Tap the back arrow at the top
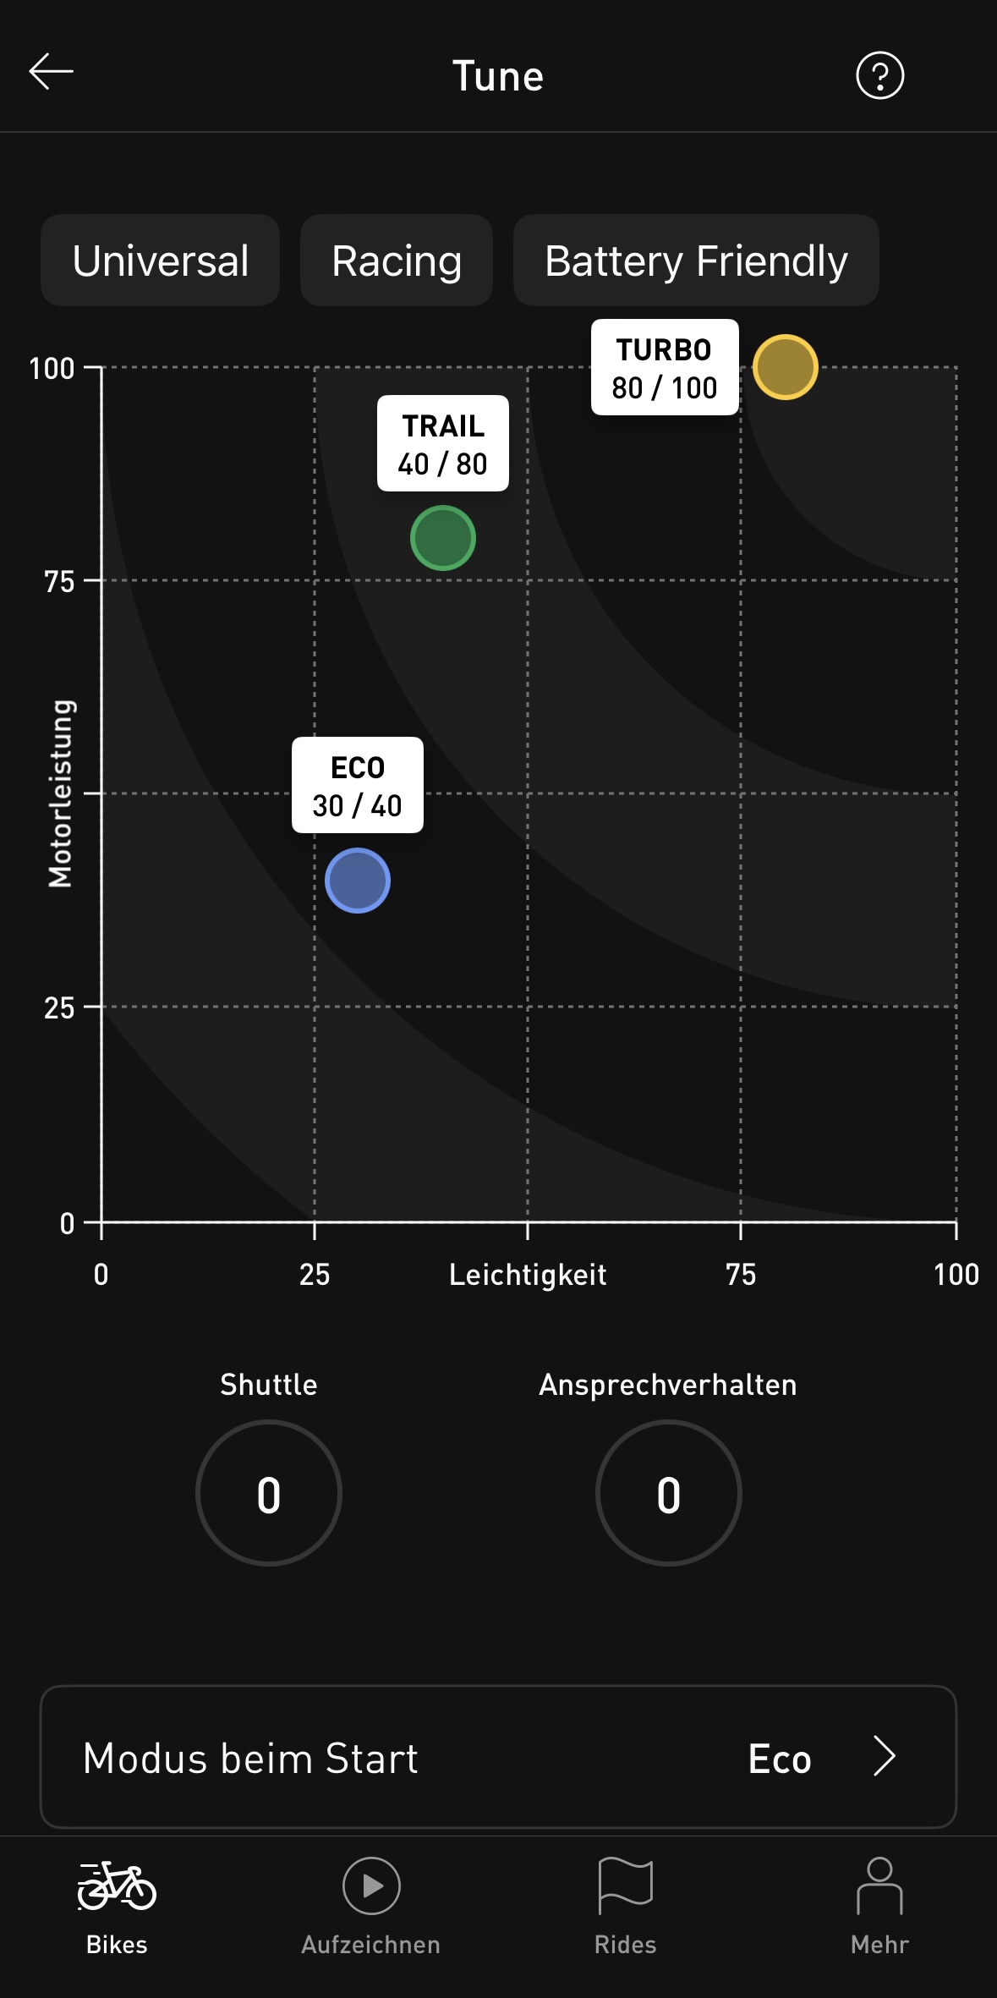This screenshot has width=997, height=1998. pos(52,73)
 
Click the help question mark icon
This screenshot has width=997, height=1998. pos(879,76)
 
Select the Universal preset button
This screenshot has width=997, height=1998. pos(161,261)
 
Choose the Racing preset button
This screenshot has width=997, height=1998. pos(397,261)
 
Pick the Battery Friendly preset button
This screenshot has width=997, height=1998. pos(696,261)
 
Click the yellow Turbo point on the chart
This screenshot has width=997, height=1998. pos(785,367)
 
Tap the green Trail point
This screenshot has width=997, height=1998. pos(443,538)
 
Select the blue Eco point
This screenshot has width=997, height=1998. pos(358,881)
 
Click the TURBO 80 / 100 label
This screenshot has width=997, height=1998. pos(665,368)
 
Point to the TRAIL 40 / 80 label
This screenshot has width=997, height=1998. pos(443,444)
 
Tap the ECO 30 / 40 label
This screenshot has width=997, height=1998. pos(358,786)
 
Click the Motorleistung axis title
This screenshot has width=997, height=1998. pos(62,793)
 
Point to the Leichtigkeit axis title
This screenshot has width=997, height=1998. pos(528,1275)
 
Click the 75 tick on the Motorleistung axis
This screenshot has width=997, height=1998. pos(59,582)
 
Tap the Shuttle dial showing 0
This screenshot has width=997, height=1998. pos(269,1493)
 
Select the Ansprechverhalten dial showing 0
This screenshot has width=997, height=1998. pos(668,1493)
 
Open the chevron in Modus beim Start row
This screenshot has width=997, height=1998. pos(885,1757)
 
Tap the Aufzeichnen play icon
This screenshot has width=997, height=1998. pos(371,1885)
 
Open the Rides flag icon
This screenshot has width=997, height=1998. pos(625,1885)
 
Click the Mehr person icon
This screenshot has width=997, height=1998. pos(879,1885)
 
